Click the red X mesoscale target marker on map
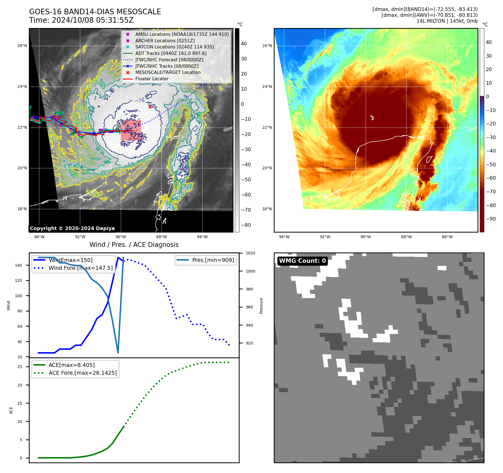click(x=150, y=107)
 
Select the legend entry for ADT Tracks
click(x=171, y=53)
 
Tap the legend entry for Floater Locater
click(x=152, y=79)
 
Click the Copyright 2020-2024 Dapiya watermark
click(x=72, y=228)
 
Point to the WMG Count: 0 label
click(x=302, y=261)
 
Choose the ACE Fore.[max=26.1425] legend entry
click(x=83, y=373)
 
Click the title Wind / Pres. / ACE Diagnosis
click(x=134, y=245)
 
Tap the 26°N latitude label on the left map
click(x=22, y=46)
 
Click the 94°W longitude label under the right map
click(x=284, y=237)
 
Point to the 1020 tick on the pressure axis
click(x=250, y=253)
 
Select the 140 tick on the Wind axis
click(x=18, y=265)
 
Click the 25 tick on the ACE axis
click(x=20, y=367)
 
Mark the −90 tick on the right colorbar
click(x=491, y=219)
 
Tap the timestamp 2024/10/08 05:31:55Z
click(x=93, y=20)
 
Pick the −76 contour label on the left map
click(x=139, y=100)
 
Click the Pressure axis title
click(x=261, y=306)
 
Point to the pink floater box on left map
click(x=131, y=130)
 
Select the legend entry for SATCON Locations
click(x=174, y=47)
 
